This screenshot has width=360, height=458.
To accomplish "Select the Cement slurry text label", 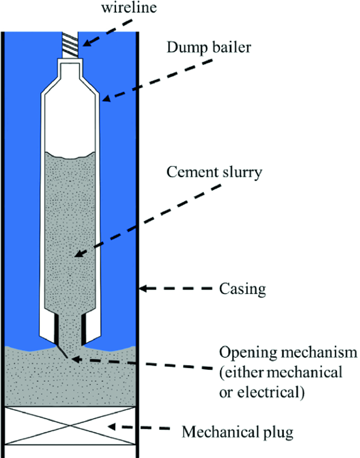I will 213,172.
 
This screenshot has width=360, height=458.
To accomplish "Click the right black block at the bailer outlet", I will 84,328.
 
